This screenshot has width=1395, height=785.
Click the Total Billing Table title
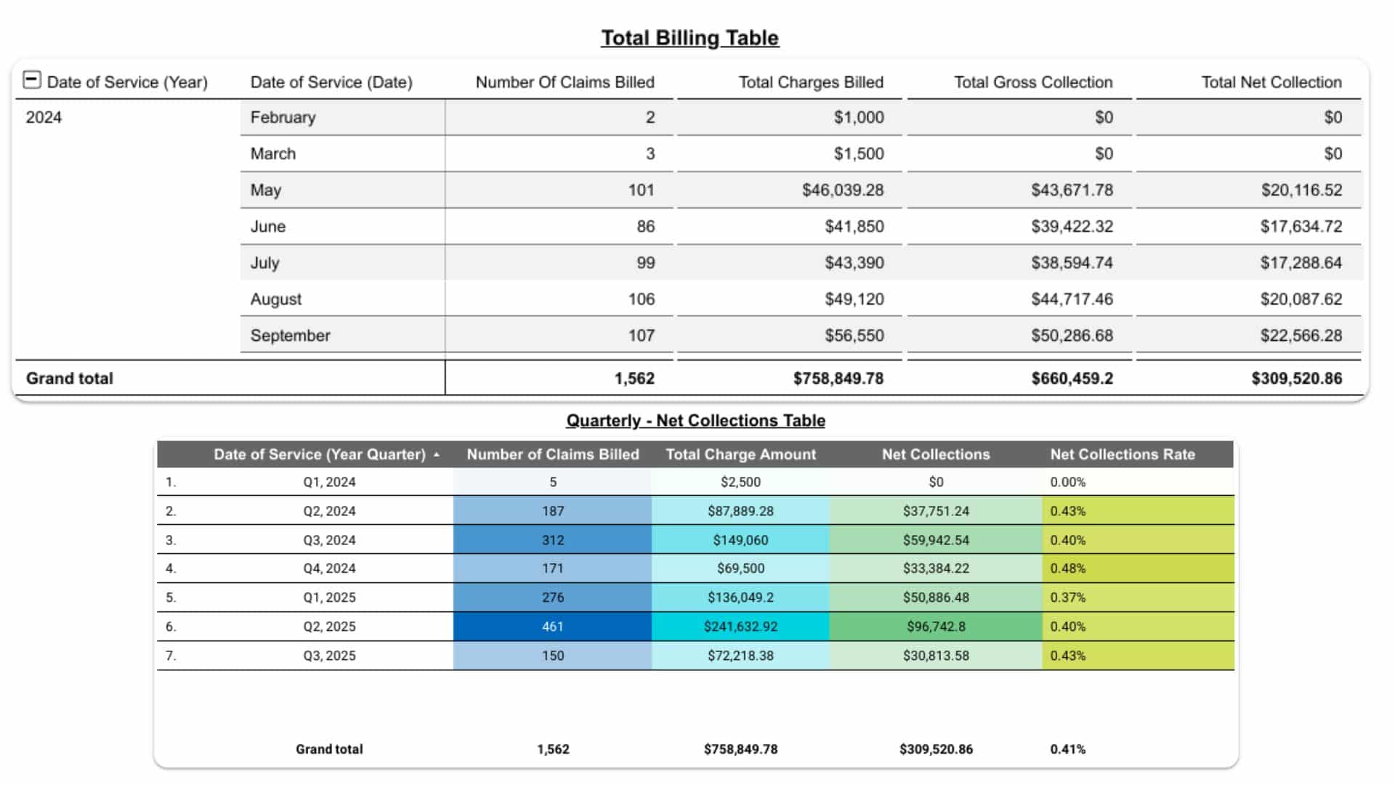tap(690, 38)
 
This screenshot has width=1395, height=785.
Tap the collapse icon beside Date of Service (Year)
tap(32, 80)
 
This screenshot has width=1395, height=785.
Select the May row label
tap(266, 190)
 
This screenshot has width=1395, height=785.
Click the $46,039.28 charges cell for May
tap(843, 190)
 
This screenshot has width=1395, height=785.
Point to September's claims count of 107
tap(642, 336)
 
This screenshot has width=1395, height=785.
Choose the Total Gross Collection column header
tap(1033, 82)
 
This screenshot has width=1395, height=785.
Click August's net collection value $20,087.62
tap(1301, 299)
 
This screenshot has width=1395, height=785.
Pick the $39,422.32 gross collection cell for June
tap(1072, 227)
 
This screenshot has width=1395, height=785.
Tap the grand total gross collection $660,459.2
tap(1072, 379)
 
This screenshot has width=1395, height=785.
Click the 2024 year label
tap(44, 118)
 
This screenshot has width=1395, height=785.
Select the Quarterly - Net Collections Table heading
tap(695, 421)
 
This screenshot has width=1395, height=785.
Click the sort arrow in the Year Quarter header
tap(437, 455)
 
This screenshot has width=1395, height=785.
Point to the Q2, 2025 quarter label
tap(329, 627)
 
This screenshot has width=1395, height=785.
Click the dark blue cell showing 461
tap(553, 627)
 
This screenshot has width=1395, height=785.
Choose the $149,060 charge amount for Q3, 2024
tap(740, 540)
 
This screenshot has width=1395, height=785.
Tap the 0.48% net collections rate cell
tap(1068, 568)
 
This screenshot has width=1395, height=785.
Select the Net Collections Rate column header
tap(1122, 454)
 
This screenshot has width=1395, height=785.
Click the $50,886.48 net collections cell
tap(936, 597)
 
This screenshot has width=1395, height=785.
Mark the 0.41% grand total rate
tap(1068, 749)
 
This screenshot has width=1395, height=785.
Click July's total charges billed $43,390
tap(854, 263)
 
